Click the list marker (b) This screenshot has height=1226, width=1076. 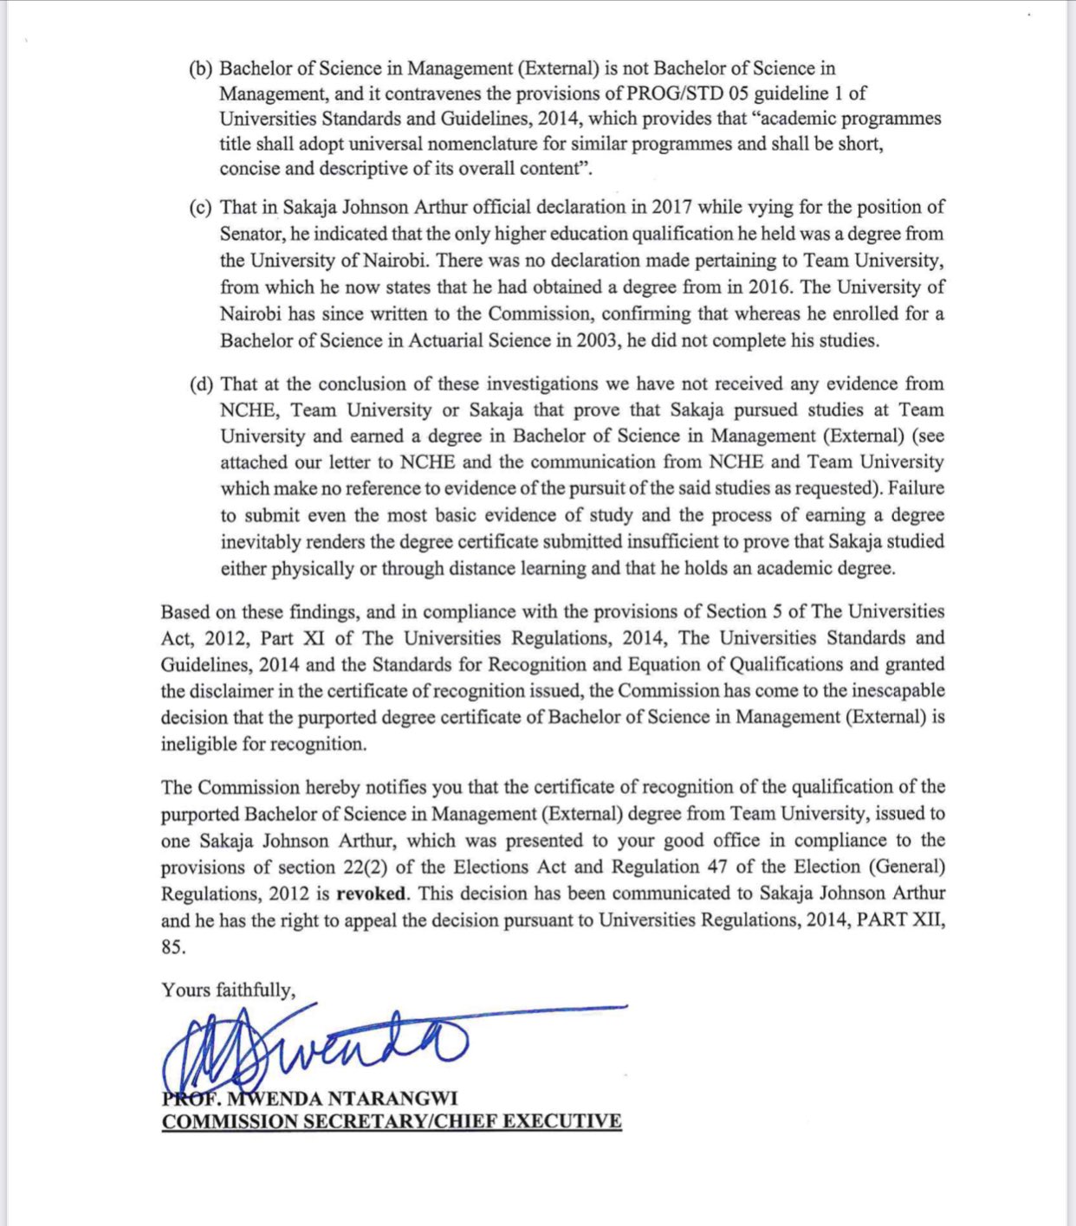coord(201,69)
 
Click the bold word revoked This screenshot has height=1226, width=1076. coord(370,894)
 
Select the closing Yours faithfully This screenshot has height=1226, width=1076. coord(228,990)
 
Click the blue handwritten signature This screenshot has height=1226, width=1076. coord(347,1043)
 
